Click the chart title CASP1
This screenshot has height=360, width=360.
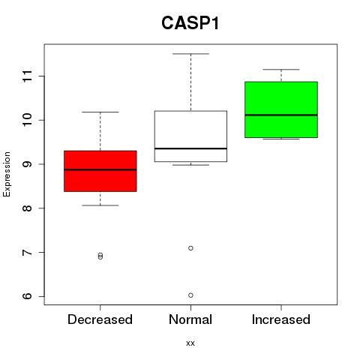190,23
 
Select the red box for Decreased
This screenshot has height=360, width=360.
100,171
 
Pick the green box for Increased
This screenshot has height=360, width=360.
281,109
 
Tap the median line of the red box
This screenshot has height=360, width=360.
100,169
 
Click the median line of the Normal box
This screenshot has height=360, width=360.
190,148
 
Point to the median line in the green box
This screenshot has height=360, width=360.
281,115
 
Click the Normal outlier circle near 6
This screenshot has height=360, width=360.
190,295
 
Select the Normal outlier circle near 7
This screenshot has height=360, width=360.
190,248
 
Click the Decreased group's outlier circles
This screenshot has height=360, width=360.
100,256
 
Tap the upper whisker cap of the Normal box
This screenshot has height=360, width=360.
190,54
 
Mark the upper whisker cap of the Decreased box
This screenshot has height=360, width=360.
100,112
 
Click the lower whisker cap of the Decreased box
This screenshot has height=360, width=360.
100,205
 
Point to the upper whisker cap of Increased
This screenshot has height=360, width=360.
281,69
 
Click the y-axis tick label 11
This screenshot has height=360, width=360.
28,76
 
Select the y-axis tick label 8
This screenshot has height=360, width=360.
28,208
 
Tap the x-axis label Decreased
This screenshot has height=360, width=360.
100,319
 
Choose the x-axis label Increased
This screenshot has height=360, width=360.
281,319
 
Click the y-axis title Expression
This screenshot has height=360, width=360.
7,174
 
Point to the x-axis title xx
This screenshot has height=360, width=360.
190,343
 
